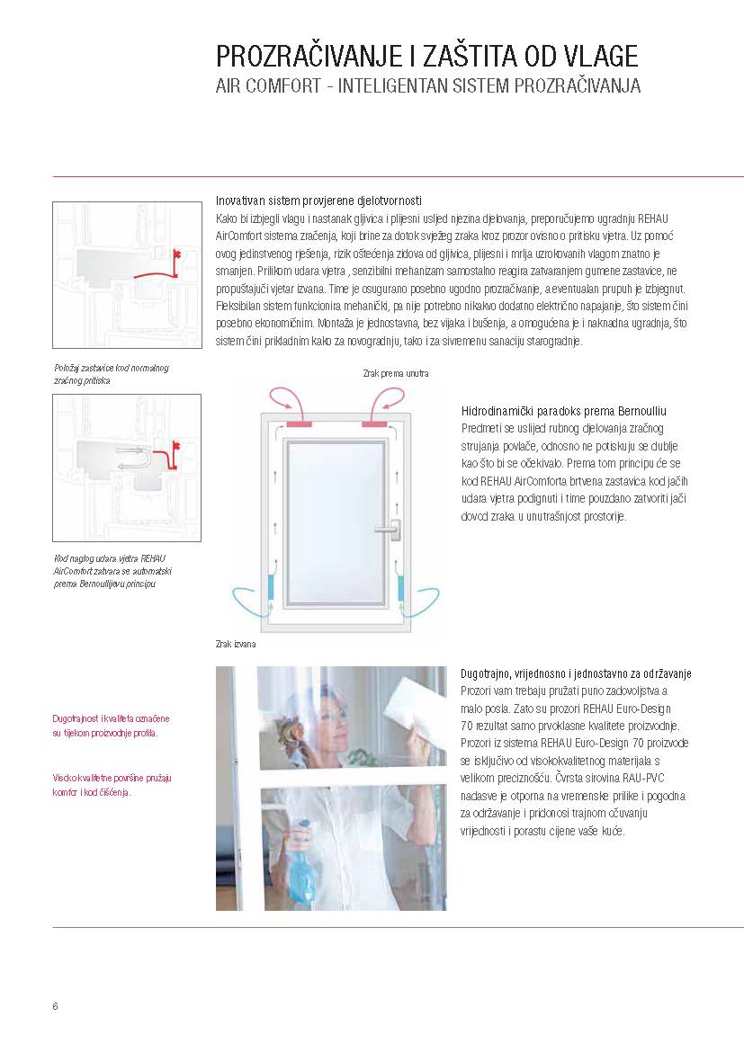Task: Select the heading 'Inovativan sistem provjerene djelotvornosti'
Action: point(318,201)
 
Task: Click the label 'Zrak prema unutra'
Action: point(396,373)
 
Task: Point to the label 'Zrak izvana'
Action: point(236,644)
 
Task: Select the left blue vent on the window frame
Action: point(272,586)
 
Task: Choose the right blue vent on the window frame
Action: point(401,586)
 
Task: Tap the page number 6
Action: point(55,1006)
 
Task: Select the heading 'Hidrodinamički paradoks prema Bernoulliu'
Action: point(564,411)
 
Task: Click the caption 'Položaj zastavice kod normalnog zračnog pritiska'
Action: point(112,374)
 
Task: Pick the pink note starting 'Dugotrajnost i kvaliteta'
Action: point(111,726)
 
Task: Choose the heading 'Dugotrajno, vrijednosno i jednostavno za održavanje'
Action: point(576,673)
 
